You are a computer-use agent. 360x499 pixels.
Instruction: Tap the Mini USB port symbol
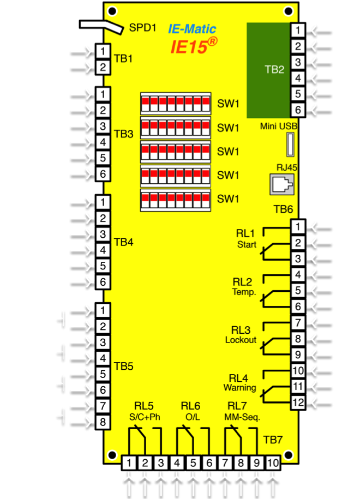[x=290, y=146]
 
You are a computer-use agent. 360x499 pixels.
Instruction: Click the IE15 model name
[x=189, y=46]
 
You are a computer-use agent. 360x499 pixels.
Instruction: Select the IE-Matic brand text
[x=191, y=29]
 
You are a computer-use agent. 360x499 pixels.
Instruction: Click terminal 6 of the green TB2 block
[x=297, y=110]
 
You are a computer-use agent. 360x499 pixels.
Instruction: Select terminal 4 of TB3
[x=103, y=142]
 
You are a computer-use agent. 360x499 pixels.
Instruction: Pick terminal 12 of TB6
[x=297, y=402]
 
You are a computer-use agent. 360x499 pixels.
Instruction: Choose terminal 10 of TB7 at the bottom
[x=273, y=463]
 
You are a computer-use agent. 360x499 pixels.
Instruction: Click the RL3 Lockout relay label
[x=241, y=335]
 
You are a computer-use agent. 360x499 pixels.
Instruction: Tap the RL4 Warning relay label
[x=239, y=383]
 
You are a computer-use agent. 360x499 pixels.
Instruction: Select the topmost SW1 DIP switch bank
[x=176, y=103]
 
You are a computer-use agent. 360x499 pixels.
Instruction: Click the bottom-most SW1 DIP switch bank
[x=176, y=200]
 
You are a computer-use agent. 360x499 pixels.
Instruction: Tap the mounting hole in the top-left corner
[x=112, y=10]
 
